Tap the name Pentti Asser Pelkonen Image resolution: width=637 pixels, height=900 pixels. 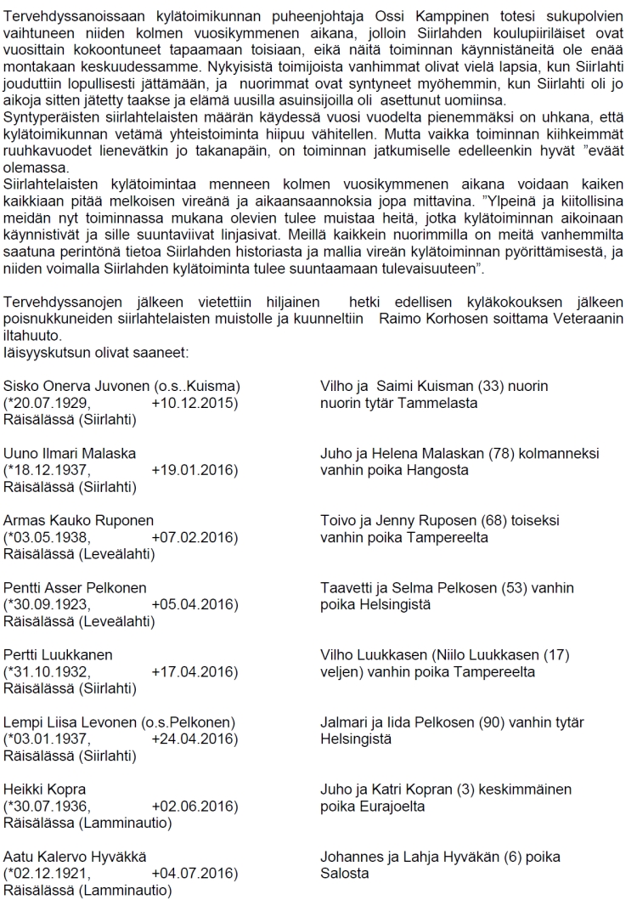point(75,588)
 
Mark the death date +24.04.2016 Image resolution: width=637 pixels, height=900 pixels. point(194,739)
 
